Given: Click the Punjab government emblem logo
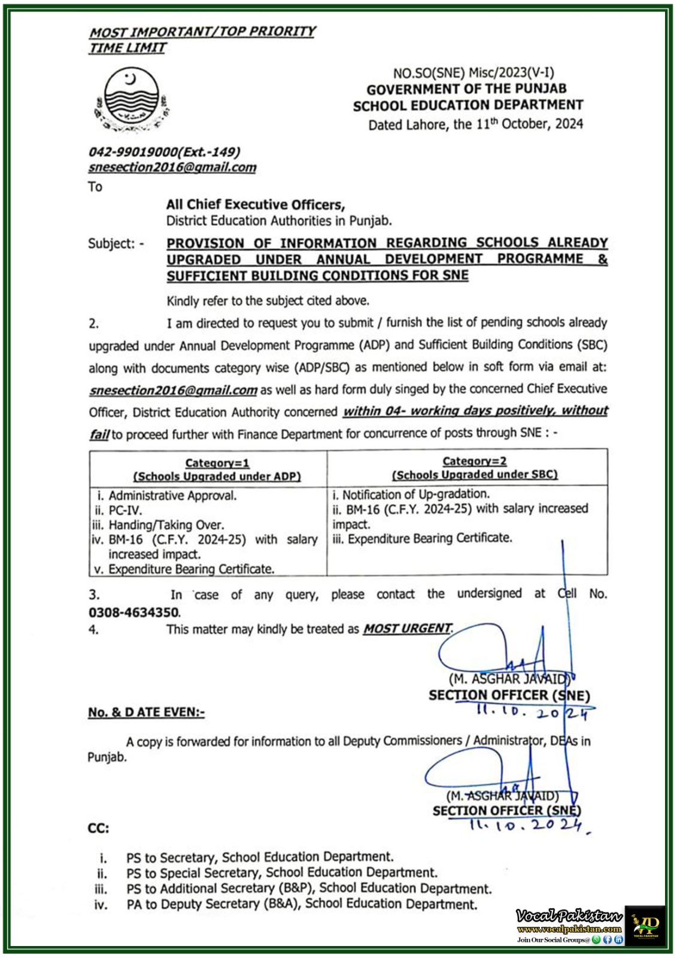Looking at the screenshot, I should point(132,100).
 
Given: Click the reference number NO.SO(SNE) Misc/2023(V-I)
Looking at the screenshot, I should point(473,73).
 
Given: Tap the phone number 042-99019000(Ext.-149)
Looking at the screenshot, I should point(164,152).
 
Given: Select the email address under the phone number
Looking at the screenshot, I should point(172,168).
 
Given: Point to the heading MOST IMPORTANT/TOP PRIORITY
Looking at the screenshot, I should point(202,32).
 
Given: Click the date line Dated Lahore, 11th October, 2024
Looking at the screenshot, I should point(475,125).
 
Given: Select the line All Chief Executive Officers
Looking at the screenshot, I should point(256,205).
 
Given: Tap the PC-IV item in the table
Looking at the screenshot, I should point(125,511).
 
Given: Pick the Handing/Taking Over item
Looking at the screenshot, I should point(166,525).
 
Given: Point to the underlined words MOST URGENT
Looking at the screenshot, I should point(407,629).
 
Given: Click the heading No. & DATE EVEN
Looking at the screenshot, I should point(146,713).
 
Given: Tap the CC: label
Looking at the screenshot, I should point(98,829).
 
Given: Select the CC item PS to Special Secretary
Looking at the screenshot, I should point(281,873).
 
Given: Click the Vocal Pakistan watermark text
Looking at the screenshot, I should point(569,916).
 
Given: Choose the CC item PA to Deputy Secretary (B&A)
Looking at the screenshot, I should point(302,905).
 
